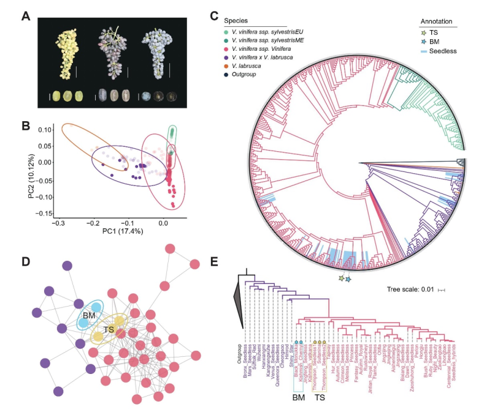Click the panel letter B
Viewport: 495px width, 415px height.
[26, 125]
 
